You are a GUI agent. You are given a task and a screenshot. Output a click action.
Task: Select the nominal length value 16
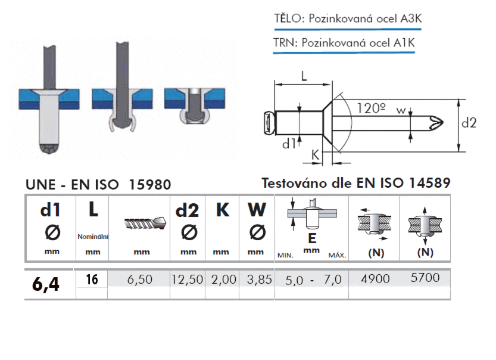[x=92, y=279]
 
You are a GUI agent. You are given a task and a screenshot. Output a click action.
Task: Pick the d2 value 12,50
[x=188, y=279]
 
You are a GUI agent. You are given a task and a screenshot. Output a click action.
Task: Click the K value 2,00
[x=223, y=279]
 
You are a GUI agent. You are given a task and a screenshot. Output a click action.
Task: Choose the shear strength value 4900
[x=376, y=278]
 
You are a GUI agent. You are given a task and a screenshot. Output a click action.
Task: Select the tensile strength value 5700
[x=425, y=278]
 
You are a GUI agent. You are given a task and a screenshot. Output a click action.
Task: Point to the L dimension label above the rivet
[x=304, y=76]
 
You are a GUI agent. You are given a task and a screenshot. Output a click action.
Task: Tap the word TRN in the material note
[x=285, y=42]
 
